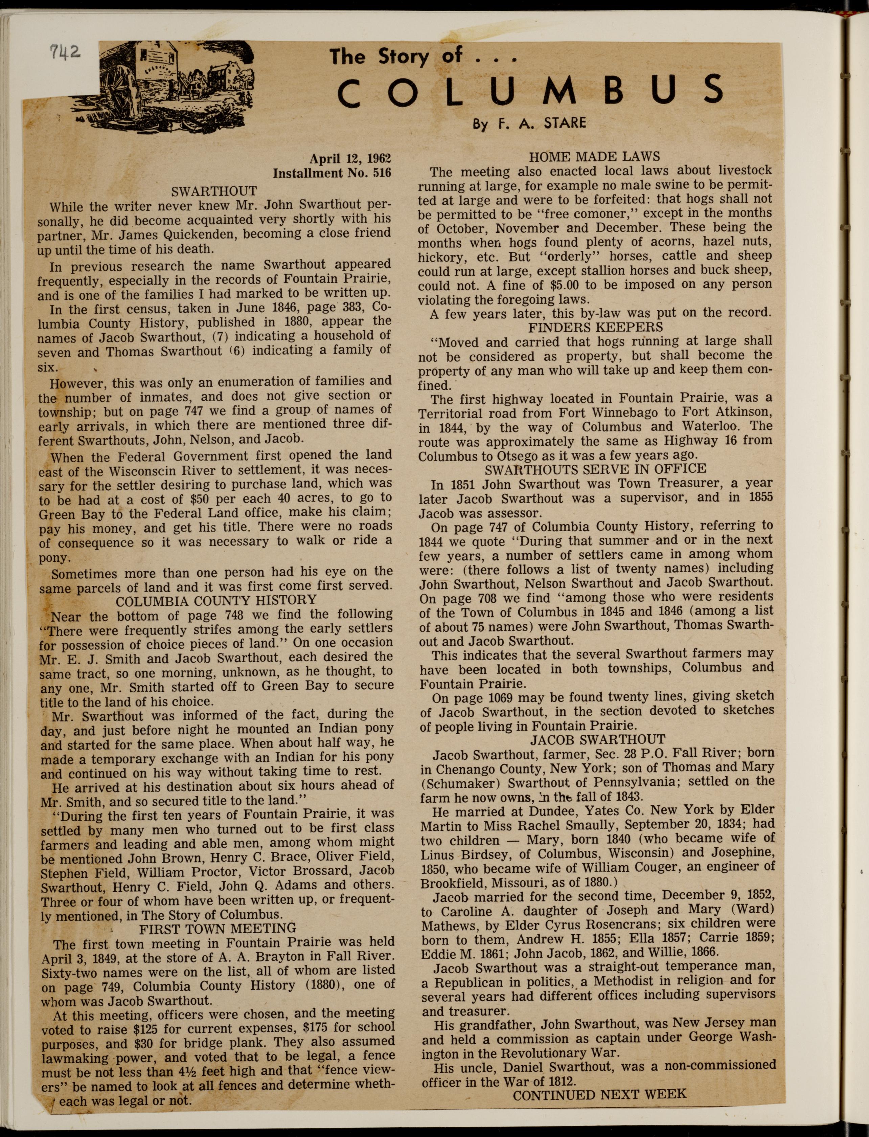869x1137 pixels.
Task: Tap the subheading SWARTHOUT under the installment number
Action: pos(214,192)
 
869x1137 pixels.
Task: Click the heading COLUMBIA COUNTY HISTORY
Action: pos(216,600)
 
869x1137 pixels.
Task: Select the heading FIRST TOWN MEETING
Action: pos(218,929)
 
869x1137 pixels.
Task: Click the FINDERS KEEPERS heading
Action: pos(595,327)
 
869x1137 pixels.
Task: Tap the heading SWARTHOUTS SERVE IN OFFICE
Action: pos(595,469)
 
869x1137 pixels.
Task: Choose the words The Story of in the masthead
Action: pos(396,56)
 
